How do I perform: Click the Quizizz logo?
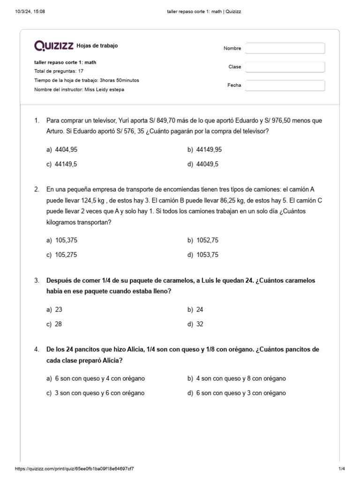pos(54,45)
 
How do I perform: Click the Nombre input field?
pos(285,48)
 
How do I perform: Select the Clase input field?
pos(285,67)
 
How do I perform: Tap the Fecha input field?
pos(285,85)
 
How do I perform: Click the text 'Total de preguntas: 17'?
pos(59,71)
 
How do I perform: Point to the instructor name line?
pos(79,90)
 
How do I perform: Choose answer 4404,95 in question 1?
pos(66,150)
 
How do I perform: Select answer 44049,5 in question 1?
pos(206,165)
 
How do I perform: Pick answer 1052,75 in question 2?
pos(206,240)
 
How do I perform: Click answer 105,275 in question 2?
pos(66,255)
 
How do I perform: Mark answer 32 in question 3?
pos(200,324)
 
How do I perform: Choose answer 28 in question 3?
pos(59,324)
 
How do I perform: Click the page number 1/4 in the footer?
pos(341,469)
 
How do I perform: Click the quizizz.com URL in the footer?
pos(77,469)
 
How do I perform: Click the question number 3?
pos(37,281)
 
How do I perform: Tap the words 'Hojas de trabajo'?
pos(97,46)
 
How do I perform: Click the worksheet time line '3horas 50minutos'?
pos(87,80)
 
